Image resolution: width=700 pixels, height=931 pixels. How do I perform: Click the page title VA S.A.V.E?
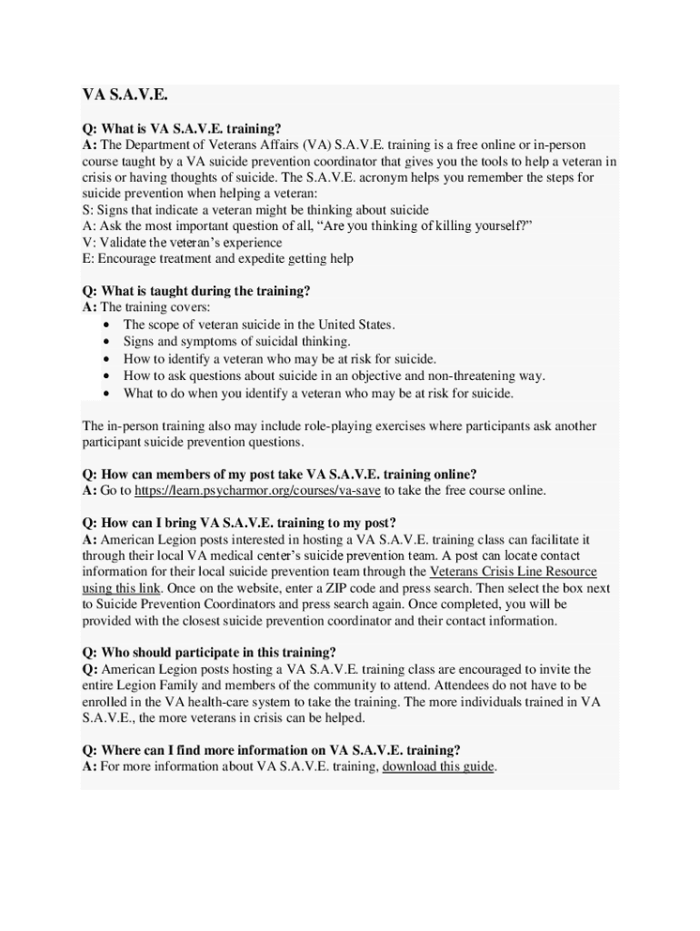pyautogui.click(x=125, y=95)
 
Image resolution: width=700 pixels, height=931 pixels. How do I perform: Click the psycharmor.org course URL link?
pyautogui.click(x=257, y=491)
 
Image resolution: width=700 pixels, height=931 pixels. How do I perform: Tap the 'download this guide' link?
pyautogui.click(x=438, y=766)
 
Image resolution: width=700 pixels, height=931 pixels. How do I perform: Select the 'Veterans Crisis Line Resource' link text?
pyautogui.click(x=513, y=572)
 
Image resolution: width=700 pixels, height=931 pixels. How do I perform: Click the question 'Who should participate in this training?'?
pyautogui.click(x=209, y=653)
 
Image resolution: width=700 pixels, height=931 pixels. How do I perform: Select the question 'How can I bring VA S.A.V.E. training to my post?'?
pyautogui.click(x=239, y=523)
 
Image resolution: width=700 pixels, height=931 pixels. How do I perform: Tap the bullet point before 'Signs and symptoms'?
pyautogui.click(x=107, y=342)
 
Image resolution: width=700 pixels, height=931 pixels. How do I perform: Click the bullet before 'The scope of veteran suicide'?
pyautogui.click(x=107, y=325)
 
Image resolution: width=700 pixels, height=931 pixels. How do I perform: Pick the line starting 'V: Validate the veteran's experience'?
pyautogui.click(x=182, y=243)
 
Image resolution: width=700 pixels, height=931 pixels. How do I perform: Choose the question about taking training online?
pyautogui.click(x=279, y=475)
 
